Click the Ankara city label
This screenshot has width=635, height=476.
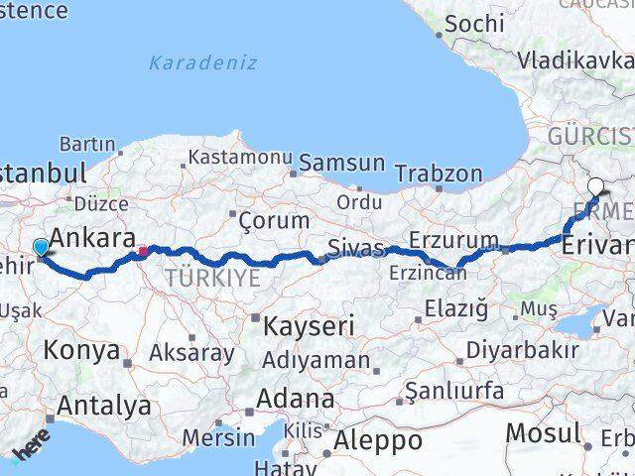pos(92,239)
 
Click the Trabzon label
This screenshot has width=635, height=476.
pos(438,174)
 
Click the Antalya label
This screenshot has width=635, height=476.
pos(104,406)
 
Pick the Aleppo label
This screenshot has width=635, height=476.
pos(378,440)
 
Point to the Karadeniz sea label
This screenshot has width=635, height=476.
pos(202,62)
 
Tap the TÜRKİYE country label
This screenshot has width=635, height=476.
pos(212,279)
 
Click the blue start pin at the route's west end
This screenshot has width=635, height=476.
pos(41,247)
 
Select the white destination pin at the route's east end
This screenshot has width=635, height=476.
pos(595,185)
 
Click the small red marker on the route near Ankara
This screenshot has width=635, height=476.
pos(143,251)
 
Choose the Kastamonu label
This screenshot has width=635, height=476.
pos(240,158)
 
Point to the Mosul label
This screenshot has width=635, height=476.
pos(542,432)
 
